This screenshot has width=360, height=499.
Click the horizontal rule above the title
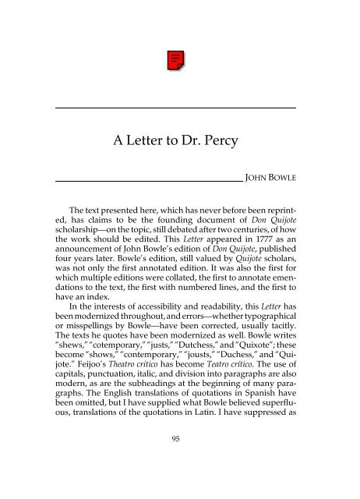point(178,107)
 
